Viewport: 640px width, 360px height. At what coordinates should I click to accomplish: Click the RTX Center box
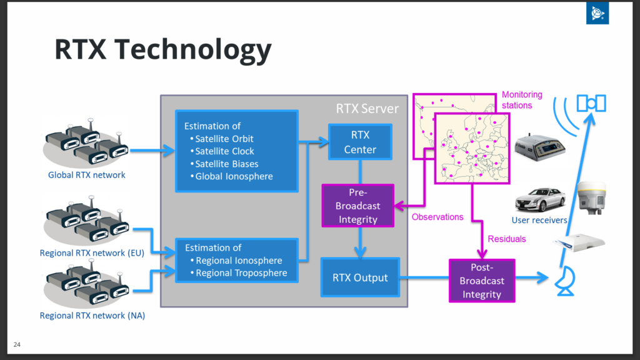coord(360,142)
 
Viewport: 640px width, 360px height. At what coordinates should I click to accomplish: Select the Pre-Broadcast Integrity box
coord(357,205)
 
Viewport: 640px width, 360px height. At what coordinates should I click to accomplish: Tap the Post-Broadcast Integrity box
coord(482,281)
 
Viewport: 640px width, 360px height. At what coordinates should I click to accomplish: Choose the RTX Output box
coord(360,277)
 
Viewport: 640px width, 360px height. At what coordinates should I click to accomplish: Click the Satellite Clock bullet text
coord(224,151)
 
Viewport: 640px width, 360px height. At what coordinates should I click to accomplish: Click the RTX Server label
coord(367,109)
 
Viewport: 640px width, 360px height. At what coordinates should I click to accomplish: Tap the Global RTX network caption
coord(86,175)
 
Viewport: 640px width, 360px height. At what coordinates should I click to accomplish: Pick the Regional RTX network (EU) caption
coord(92,253)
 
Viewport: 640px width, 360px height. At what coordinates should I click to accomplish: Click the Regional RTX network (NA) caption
coord(92,316)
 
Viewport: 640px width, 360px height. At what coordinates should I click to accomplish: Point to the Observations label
coord(437,217)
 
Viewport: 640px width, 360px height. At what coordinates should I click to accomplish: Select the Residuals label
coord(506,239)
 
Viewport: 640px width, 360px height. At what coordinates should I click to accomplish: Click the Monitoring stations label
coord(522,100)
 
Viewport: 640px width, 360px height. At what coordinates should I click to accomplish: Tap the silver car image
coord(540,199)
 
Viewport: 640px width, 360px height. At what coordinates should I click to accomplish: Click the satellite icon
coord(591,103)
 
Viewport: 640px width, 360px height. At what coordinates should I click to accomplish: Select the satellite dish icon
coord(566,281)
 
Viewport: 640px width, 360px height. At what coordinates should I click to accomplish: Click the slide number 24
coord(17,344)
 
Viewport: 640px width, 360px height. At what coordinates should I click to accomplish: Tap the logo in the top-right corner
coord(597,13)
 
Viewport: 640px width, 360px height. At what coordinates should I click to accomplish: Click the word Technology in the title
coord(192,50)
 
